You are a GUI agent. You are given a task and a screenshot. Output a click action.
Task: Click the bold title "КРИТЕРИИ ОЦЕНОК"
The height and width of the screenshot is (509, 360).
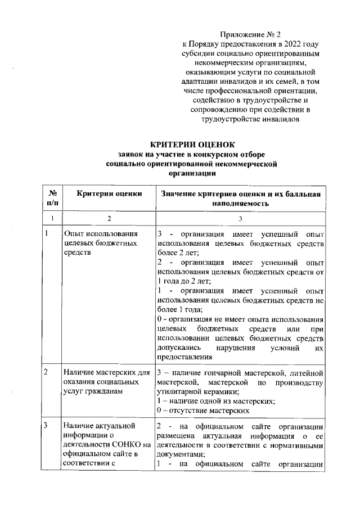point(192,145)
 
